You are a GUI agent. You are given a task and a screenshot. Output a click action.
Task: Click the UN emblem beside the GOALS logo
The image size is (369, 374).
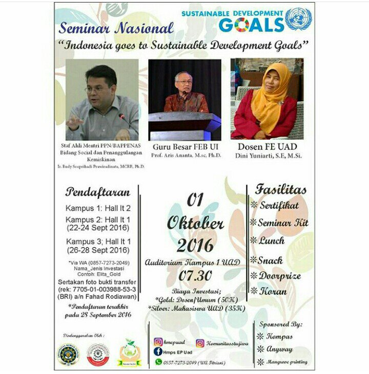(298, 20)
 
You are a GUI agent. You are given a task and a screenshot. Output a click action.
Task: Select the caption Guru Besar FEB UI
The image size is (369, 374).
(184, 146)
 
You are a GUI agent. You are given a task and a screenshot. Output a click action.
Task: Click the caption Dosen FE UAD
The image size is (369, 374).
(267, 146)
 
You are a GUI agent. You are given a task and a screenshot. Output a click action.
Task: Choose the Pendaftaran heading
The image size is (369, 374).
(97, 192)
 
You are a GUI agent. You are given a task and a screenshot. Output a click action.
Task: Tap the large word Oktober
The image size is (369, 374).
(195, 224)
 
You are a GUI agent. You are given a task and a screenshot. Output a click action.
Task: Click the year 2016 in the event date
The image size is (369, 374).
(195, 246)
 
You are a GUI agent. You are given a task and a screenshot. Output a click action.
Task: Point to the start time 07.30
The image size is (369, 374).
(195, 276)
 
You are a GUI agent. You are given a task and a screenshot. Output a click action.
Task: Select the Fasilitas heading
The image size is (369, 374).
(281, 189)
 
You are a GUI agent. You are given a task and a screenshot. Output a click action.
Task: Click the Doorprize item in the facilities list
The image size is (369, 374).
(279, 275)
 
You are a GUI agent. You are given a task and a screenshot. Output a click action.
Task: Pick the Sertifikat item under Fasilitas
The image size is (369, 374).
(278, 205)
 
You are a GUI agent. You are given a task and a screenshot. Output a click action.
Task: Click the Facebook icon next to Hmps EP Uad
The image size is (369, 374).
(158, 351)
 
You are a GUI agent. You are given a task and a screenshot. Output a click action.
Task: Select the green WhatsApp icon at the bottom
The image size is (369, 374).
(158, 361)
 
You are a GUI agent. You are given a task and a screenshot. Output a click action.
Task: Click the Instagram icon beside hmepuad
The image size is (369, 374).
(157, 342)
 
